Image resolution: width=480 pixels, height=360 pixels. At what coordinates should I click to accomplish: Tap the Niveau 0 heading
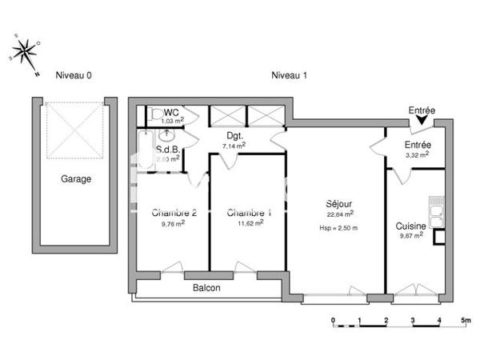point(74,75)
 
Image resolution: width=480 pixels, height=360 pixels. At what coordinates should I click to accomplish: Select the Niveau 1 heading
point(290,75)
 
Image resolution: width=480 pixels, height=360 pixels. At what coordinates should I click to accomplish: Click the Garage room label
point(76,179)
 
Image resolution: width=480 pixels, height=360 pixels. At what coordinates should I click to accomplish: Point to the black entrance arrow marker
point(422,121)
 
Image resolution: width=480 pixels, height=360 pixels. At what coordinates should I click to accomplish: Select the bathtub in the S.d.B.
point(145,150)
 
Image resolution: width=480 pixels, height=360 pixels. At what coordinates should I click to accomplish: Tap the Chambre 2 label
point(174,213)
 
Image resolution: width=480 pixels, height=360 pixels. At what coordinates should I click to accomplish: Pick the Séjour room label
point(339,203)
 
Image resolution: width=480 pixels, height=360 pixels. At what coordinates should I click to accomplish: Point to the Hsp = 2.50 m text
point(338,228)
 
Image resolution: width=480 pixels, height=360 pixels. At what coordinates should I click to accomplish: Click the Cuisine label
point(411,226)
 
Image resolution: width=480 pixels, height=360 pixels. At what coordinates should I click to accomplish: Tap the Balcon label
point(206,288)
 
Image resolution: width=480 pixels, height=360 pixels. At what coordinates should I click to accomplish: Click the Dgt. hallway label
point(234,137)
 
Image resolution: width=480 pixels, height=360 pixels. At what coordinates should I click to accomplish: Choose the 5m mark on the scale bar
point(465,320)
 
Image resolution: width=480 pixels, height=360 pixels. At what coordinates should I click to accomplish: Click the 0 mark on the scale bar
point(333,320)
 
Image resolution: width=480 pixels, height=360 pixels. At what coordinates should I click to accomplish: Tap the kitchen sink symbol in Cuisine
point(436,211)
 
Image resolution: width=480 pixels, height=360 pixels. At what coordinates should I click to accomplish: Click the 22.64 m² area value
point(340,214)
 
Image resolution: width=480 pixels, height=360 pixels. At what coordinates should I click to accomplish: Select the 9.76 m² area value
point(172,224)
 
